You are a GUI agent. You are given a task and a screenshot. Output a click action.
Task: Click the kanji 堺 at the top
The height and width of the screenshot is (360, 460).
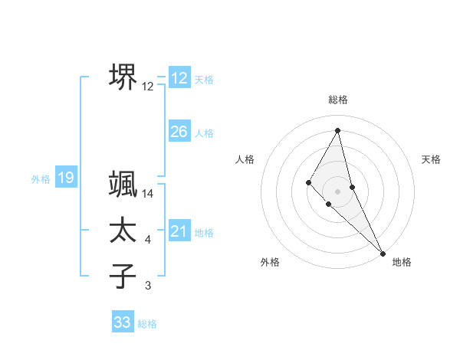123,77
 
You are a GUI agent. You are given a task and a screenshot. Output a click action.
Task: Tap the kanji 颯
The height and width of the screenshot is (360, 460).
123,185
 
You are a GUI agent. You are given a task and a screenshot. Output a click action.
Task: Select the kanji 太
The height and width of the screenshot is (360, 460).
123,231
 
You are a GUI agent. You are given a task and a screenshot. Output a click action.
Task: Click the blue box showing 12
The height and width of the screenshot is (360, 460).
179,78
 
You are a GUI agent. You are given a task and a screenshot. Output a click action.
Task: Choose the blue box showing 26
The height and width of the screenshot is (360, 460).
179,132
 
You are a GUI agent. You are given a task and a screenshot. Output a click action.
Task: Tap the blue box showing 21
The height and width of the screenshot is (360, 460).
179,231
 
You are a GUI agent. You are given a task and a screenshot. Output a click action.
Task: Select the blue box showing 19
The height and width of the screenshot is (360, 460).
65,178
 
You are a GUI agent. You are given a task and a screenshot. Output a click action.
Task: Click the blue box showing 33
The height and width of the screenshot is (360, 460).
123,322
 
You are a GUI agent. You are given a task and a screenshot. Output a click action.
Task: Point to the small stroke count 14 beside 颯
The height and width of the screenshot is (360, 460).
148,195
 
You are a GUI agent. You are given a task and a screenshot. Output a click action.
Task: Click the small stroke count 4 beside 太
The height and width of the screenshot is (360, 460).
148,241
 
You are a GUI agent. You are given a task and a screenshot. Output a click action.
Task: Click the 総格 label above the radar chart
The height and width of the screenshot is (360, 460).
338,100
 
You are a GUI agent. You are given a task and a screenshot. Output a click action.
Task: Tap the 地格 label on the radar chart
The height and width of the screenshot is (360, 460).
402,263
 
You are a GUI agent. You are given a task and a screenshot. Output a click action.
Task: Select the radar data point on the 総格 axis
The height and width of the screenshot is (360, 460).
338,129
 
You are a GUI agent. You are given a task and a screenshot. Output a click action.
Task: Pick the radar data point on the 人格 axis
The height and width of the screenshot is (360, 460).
308,182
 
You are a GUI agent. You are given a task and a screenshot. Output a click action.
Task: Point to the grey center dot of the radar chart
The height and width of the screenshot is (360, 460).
338,191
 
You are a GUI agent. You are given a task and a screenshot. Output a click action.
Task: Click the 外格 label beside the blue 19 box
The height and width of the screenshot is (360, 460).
41,179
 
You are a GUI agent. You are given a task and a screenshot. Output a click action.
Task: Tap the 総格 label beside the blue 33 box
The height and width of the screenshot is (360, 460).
147,324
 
